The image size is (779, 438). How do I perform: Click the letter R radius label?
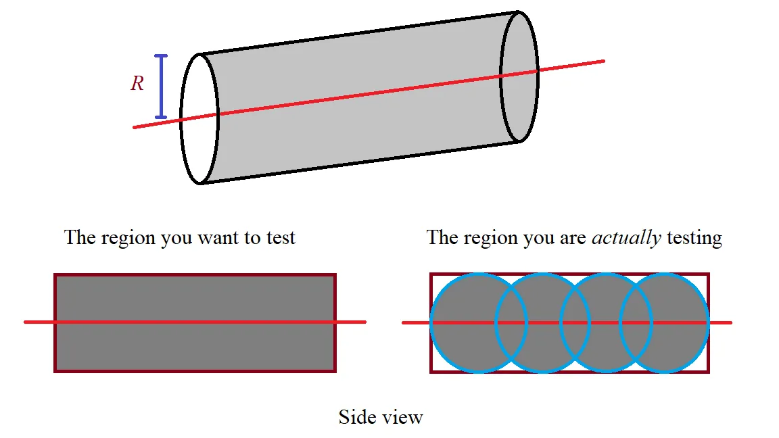point(137,84)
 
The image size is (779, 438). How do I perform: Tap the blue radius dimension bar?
point(161,87)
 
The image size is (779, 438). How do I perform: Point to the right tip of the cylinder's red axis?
point(602,62)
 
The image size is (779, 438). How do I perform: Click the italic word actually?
point(626,238)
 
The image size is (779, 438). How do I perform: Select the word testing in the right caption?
point(694,239)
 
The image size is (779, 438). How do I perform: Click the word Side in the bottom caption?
point(355,417)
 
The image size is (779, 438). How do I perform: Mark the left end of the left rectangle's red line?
point(26,322)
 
